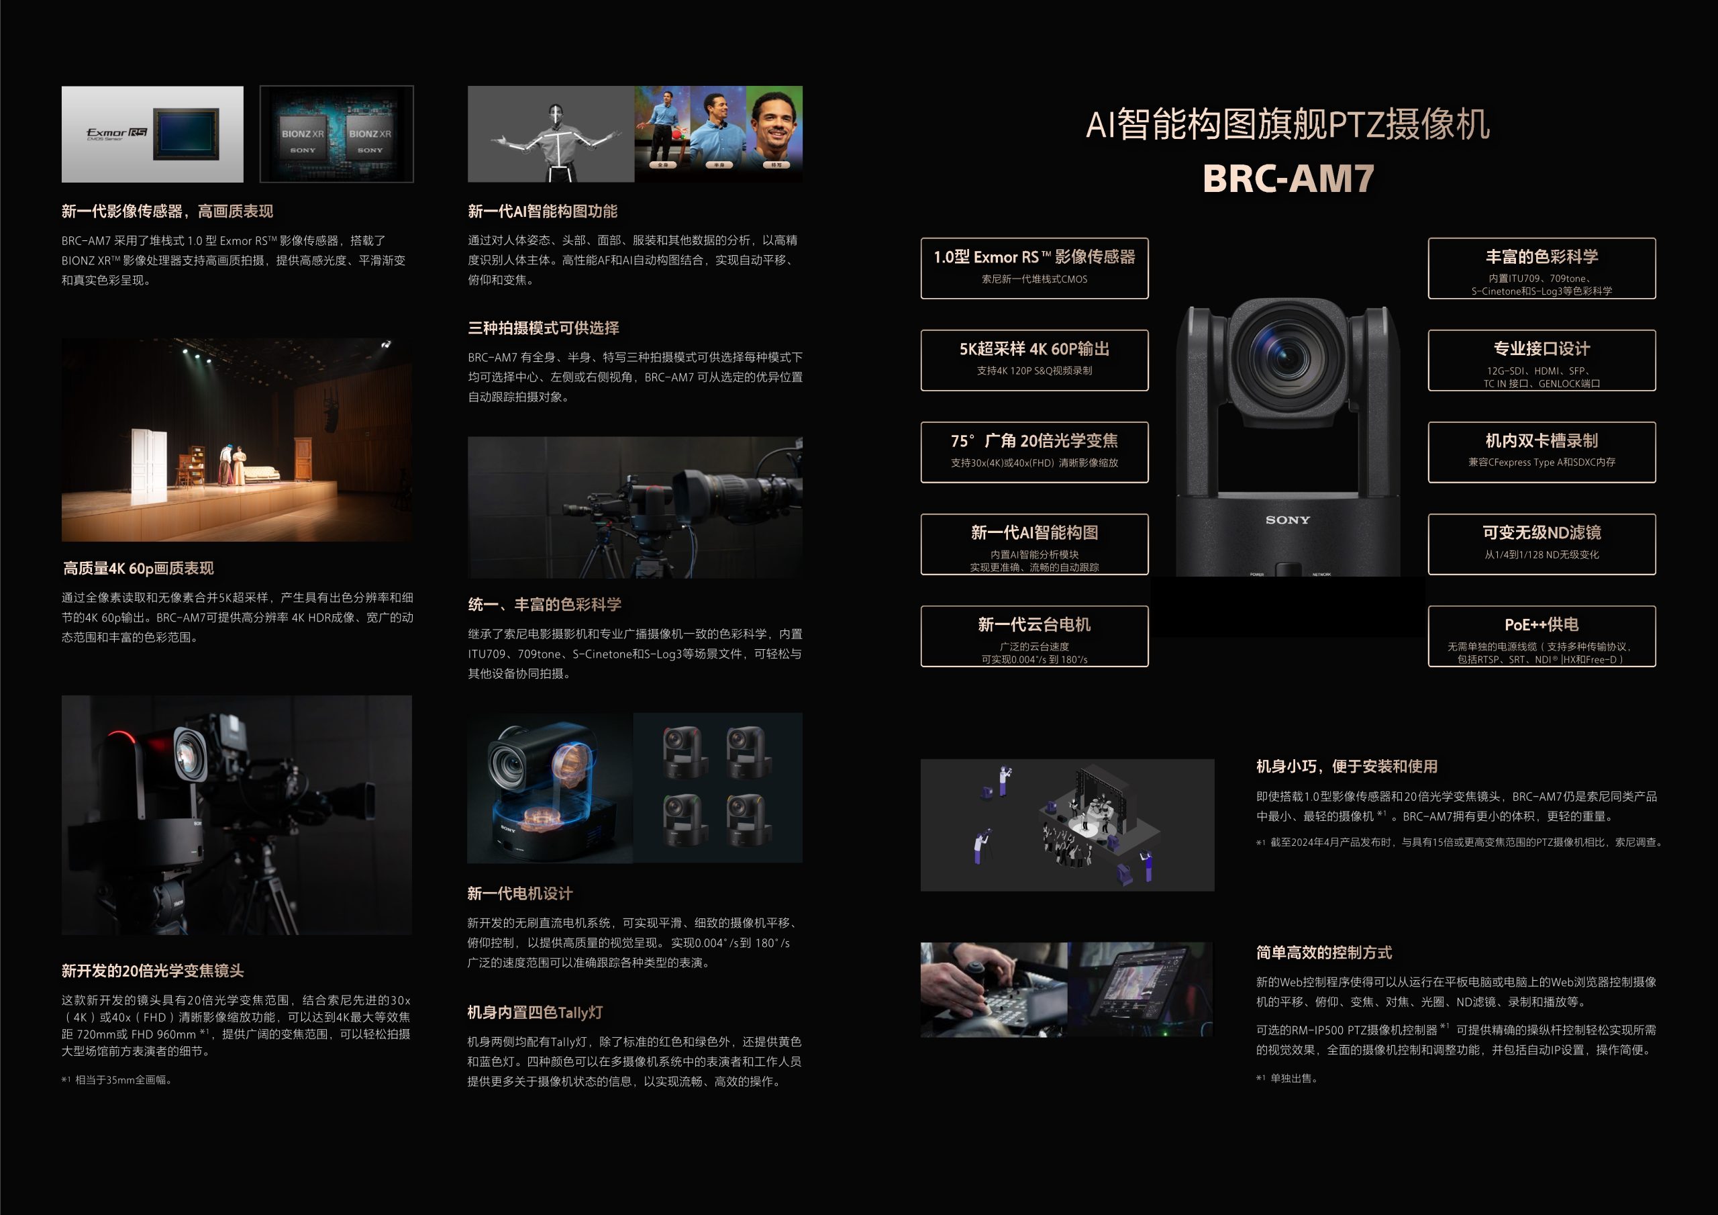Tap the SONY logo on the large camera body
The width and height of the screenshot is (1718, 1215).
[1288, 520]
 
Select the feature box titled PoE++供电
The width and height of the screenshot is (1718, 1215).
[1542, 636]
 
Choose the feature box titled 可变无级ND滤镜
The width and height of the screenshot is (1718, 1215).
[1542, 544]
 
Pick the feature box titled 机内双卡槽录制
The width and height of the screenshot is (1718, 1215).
[1542, 451]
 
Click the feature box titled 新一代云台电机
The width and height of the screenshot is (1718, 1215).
[1034, 636]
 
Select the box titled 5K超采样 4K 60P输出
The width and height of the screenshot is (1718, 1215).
[1034, 359]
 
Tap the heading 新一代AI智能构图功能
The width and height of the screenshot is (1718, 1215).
[542, 211]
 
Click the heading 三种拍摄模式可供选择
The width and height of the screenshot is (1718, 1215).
[543, 328]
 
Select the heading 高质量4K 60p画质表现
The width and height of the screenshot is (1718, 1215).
[138, 568]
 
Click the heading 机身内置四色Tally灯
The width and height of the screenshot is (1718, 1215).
[535, 1012]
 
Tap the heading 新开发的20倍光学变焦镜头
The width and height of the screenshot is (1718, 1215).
[152, 970]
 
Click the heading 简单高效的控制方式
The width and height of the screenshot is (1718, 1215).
[1323, 953]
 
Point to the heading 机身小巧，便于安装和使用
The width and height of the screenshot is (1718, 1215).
[1347, 766]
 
